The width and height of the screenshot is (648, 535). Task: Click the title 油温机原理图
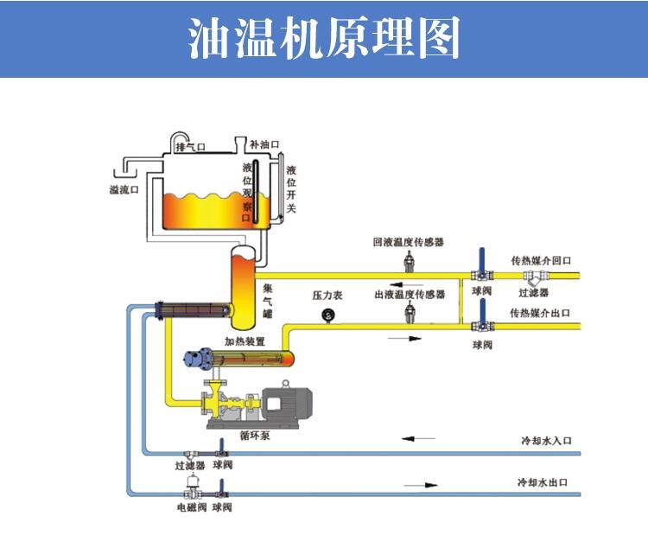324,39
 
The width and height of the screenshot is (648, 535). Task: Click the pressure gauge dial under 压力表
328,315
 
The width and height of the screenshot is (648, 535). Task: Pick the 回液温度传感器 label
409,243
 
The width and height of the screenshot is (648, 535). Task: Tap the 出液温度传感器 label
410,295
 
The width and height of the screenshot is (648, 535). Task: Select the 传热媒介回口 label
542,260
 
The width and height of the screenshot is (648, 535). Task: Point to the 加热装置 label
245,341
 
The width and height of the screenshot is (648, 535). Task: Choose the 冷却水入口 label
546,441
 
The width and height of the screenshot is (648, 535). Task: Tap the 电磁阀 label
191,507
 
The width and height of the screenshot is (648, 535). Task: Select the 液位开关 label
291,189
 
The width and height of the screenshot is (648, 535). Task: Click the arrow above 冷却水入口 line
421,440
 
